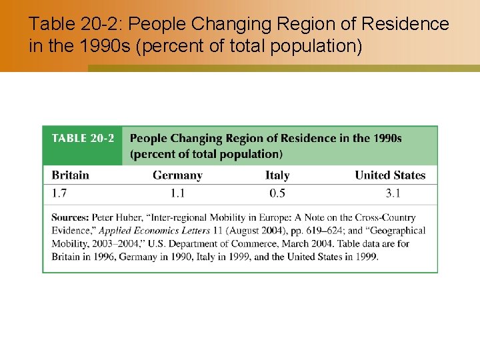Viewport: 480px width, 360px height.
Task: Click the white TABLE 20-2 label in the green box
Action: (x=83, y=139)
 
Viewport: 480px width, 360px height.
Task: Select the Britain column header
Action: (x=70, y=175)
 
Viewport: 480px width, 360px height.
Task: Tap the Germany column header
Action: (x=177, y=175)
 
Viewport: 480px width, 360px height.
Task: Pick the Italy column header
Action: (x=277, y=175)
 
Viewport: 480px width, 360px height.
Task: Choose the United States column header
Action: (x=390, y=175)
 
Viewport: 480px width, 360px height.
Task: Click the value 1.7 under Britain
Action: (x=59, y=193)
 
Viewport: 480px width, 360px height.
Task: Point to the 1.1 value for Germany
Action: (x=177, y=193)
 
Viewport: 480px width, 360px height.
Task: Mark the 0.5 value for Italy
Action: (x=277, y=193)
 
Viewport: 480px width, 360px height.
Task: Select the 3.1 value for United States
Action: (x=393, y=193)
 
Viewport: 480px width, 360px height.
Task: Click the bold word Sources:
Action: (x=70, y=218)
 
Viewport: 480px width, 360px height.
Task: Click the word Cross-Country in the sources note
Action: (x=383, y=218)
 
